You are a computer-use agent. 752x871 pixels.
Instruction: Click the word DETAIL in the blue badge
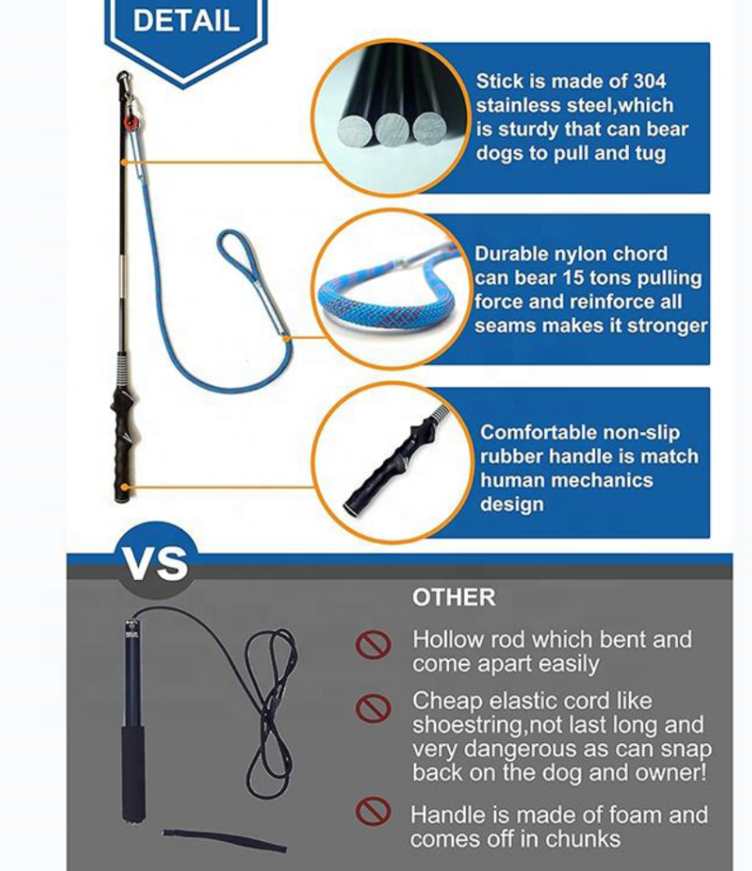[x=186, y=21]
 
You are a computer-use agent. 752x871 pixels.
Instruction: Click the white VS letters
[x=156, y=563]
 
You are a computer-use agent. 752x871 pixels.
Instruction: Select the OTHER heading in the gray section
[x=454, y=598]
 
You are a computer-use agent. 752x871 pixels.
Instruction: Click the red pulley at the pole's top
[x=130, y=121]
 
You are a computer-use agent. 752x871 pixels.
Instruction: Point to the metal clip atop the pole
[x=125, y=86]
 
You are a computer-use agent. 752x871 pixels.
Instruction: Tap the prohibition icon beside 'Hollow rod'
[x=373, y=644]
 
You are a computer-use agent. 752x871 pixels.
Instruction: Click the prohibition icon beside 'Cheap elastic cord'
[x=373, y=708]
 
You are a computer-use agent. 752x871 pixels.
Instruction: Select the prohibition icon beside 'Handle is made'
[x=373, y=811]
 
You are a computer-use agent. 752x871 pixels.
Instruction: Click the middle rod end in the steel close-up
[x=392, y=130]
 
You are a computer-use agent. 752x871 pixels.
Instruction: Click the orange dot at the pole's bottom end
[x=125, y=488]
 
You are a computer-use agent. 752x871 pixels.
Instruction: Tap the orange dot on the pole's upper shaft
[x=125, y=162]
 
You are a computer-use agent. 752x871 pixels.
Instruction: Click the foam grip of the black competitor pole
[x=133, y=772]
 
